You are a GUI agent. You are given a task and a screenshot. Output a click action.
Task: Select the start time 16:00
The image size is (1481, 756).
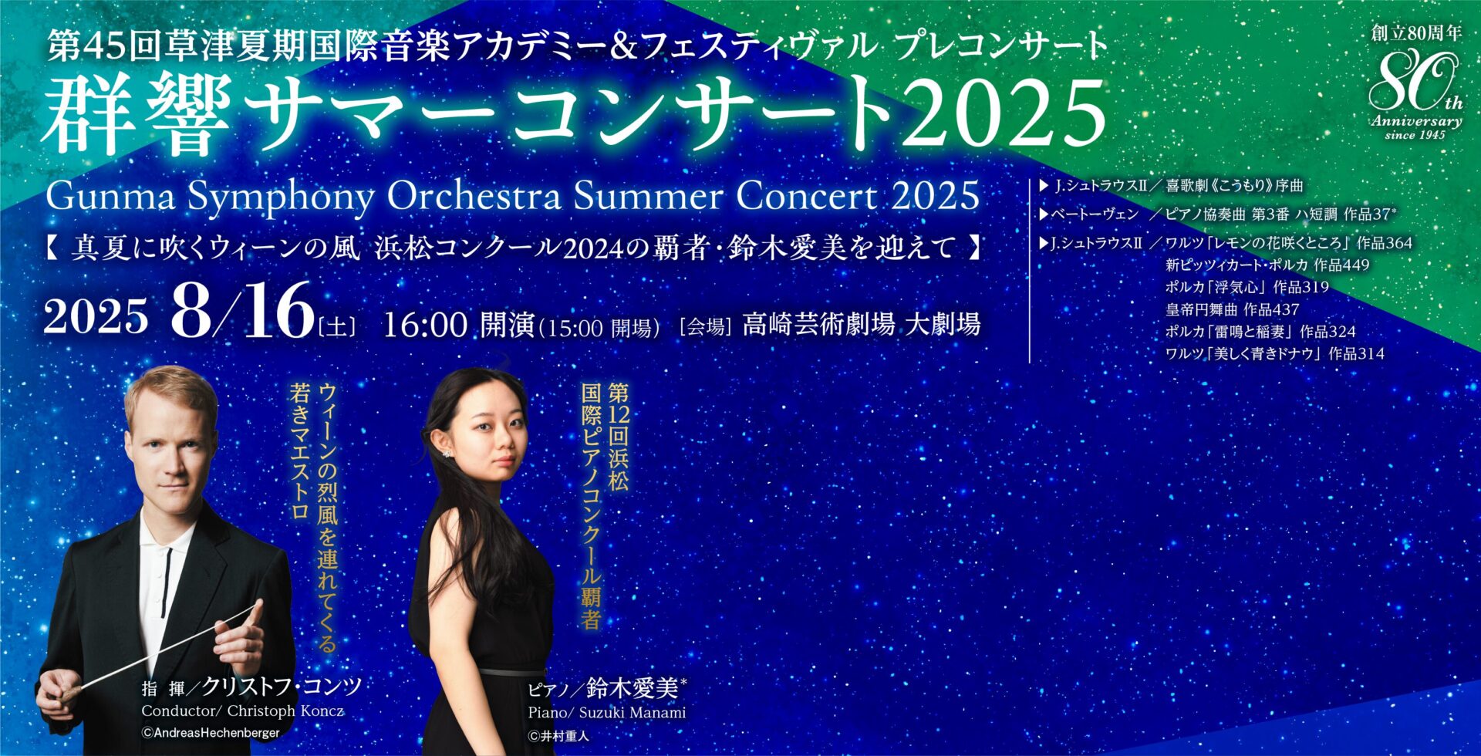tap(425, 325)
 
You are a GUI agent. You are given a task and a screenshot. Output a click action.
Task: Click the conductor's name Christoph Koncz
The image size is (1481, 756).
tap(285, 710)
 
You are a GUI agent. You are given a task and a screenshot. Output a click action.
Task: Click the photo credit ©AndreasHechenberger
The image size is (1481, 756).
tap(211, 733)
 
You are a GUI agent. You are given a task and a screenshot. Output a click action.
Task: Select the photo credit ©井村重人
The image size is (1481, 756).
tap(558, 736)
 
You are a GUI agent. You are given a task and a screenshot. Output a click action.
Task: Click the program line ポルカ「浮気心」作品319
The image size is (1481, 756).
tap(1247, 287)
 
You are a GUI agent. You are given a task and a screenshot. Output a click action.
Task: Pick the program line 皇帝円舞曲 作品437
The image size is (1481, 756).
tap(1233, 309)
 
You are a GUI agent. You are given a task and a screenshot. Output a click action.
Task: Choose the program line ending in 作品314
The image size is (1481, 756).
tap(1275, 354)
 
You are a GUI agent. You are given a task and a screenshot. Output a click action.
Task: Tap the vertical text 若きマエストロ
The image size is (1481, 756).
tap(299, 452)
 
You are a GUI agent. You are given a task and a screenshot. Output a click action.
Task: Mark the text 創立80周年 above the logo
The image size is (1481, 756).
tap(1416, 34)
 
